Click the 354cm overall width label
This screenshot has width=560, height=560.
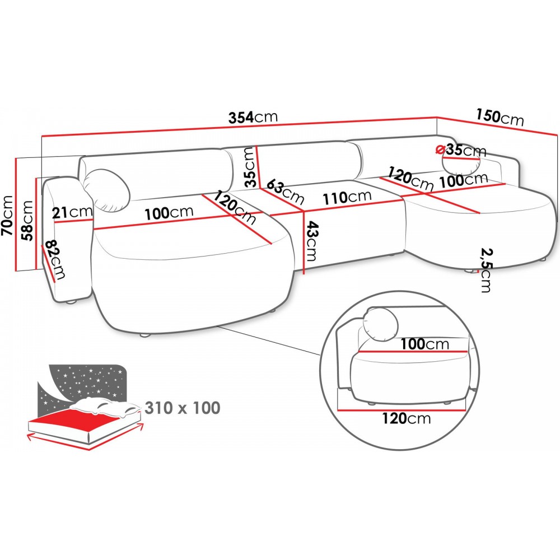pos(253,118)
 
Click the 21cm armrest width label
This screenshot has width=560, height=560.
pos(72,212)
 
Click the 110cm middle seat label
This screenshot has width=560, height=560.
pos(347,197)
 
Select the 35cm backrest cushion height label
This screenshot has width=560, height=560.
pos(249,166)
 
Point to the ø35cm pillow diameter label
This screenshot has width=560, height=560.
pos(461,150)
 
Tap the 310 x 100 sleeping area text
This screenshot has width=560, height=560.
pos(182,408)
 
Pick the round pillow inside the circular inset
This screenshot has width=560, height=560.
pos(381,324)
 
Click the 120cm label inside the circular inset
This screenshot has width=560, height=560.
pos(407,418)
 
